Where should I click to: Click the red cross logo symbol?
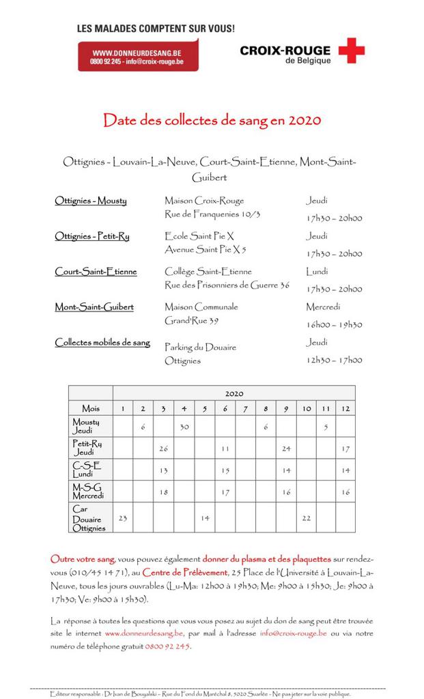pyautogui.click(x=351, y=51)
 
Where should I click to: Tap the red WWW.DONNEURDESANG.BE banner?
pyautogui.click(x=137, y=55)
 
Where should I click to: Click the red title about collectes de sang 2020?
pyautogui.click(x=212, y=121)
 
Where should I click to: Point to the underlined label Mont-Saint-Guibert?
pyautogui.click(x=94, y=307)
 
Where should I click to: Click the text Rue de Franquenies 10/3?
pyautogui.click(x=212, y=214)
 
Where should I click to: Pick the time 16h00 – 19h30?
pyautogui.click(x=334, y=325)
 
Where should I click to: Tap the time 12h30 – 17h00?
pyautogui.click(x=334, y=360)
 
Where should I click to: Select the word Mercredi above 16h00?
pyautogui.click(x=323, y=307)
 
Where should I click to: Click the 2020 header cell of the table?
pyautogui.click(x=234, y=394)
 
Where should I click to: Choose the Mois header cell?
pyautogui.click(x=90, y=408)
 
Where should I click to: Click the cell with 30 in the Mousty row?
pyautogui.click(x=184, y=427)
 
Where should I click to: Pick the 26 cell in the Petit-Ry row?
pyautogui.click(x=163, y=448)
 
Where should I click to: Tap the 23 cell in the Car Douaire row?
pyautogui.click(x=123, y=518)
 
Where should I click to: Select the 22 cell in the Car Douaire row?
pyautogui.click(x=306, y=518)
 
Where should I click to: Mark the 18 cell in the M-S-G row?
pyautogui.click(x=163, y=491)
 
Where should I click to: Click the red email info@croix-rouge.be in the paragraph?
pyautogui.click(x=293, y=633)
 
